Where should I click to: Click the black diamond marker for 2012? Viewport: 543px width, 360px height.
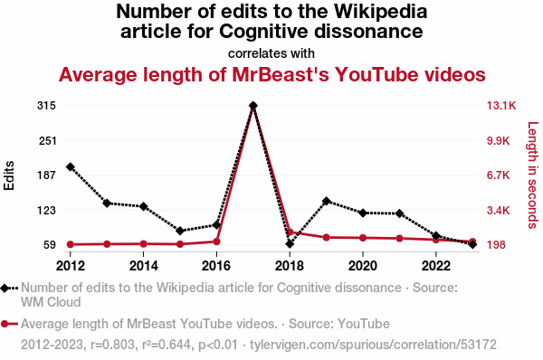click(71, 166)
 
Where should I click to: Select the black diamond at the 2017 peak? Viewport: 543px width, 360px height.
click(253, 105)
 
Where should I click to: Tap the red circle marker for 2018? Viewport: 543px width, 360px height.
click(290, 232)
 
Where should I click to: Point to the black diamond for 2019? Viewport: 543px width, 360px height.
click(326, 201)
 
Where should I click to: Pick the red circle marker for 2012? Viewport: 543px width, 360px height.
click(71, 244)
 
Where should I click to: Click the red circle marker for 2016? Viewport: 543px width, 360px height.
click(216, 242)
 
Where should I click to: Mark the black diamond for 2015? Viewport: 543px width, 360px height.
click(180, 231)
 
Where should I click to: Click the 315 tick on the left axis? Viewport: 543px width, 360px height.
click(46, 106)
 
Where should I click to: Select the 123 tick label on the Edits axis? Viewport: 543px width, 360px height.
click(46, 210)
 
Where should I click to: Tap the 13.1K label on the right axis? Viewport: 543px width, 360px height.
click(501, 106)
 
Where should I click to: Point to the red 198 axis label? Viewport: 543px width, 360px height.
click(496, 245)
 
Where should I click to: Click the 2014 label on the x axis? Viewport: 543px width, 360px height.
click(143, 266)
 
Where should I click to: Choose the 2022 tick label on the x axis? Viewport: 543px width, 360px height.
click(436, 266)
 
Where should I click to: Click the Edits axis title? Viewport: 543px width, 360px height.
click(9, 175)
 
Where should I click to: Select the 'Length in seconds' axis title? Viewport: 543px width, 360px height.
click(533, 175)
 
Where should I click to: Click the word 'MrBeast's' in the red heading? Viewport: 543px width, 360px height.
click(281, 74)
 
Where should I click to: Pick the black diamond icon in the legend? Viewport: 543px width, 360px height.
click(5, 288)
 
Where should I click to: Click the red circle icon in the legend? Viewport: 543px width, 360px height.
click(5, 324)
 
